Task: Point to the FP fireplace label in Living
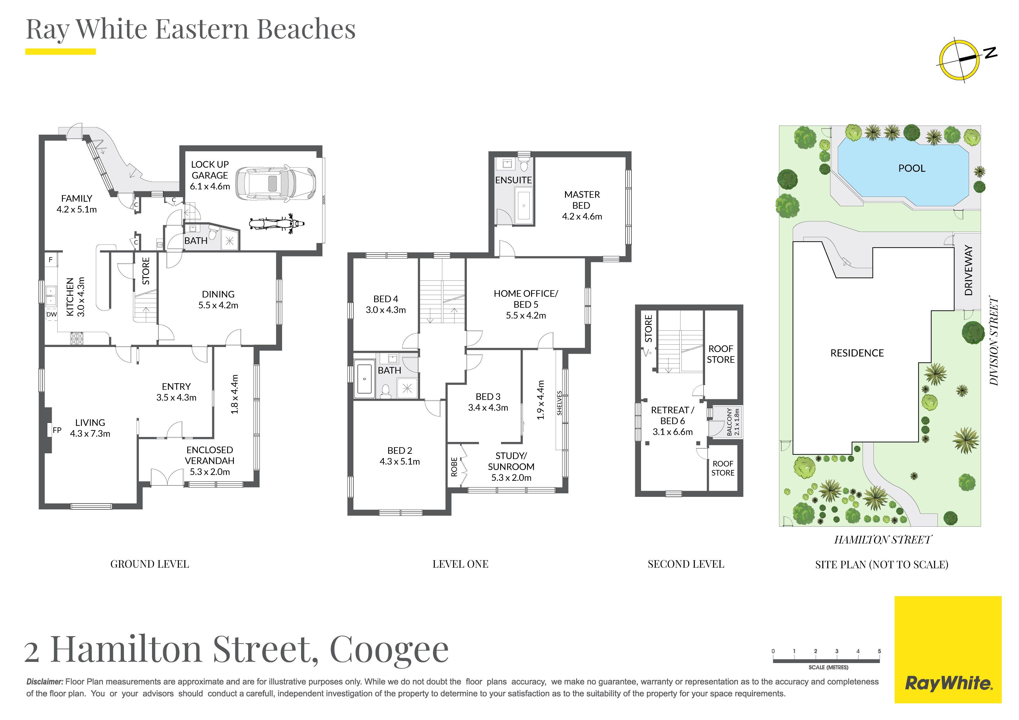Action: coord(57,430)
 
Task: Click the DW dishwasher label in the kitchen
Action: coord(51,314)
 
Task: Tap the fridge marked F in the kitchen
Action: coord(51,260)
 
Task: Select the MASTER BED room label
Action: coord(581,200)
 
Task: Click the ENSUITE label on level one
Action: coord(514,180)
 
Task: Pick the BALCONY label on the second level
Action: coord(729,421)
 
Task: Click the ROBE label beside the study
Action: coord(454,467)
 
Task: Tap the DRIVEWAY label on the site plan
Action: coord(968,270)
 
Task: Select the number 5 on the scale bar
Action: coord(879,651)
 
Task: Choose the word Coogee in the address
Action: coord(389,650)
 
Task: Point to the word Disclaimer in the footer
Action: coord(45,682)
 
